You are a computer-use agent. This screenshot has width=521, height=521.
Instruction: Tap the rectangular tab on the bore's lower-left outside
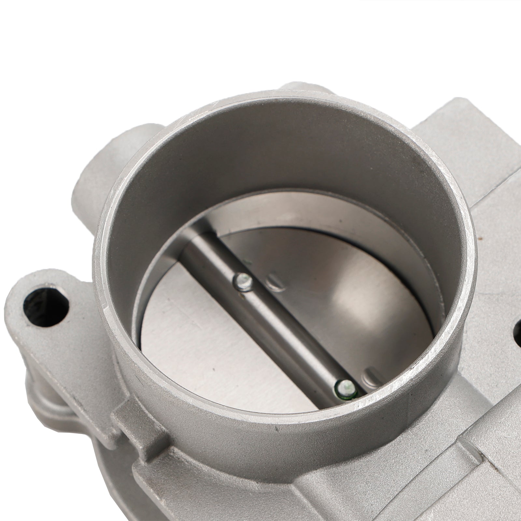(x=130, y=420)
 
